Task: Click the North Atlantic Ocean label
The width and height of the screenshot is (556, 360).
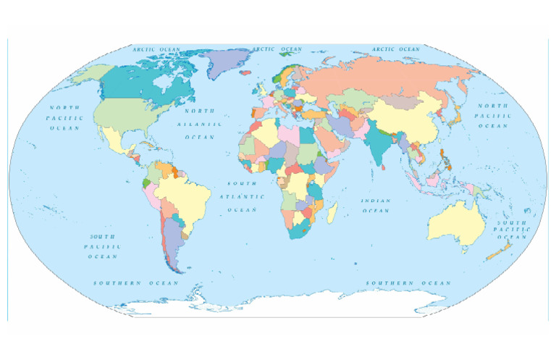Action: (x=199, y=124)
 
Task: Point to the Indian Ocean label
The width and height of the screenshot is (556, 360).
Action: (x=376, y=205)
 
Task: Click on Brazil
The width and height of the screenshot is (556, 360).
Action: (x=185, y=192)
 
